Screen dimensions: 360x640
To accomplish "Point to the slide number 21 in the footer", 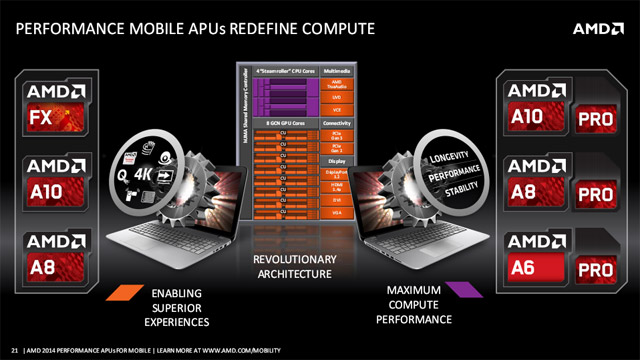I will click(x=14, y=348).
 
